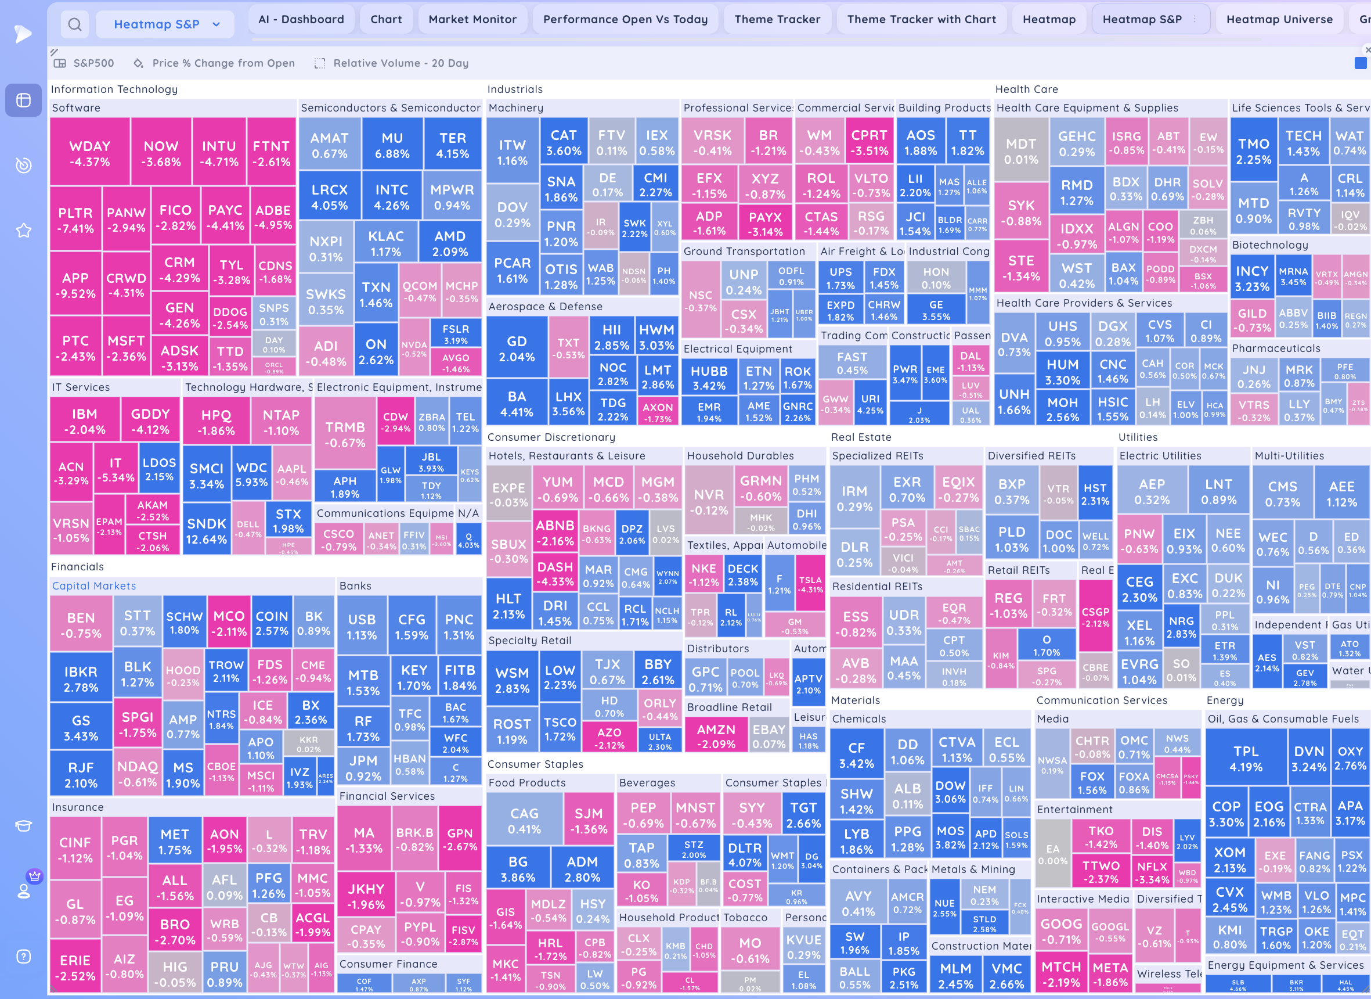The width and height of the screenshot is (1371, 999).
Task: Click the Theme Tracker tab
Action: pos(777,19)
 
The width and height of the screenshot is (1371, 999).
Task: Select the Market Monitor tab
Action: pos(472,19)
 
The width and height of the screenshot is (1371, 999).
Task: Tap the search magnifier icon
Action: pos(75,24)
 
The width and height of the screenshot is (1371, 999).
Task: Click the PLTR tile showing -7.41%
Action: pos(75,220)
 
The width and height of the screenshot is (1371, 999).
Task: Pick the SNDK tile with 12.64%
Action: pos(206,530)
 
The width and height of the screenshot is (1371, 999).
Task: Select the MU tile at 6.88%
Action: pos(392,145)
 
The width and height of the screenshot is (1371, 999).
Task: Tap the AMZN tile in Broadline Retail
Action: pos(716,736)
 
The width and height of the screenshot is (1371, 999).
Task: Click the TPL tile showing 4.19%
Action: pos(1245,759)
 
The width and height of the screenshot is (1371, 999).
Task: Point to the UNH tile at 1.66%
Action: pos(1014,401)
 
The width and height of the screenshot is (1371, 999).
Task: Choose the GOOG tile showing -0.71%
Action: pos(1061,930)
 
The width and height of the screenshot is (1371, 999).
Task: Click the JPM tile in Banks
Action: pos(363,767)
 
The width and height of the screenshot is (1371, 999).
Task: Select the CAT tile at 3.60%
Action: pos(564,143)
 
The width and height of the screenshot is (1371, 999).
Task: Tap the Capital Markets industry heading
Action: pos(93,585)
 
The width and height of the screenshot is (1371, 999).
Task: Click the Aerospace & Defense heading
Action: pos(544,307)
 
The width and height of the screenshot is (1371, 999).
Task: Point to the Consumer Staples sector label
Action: pos(535,764)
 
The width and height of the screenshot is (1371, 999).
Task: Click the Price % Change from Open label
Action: pos(223,63)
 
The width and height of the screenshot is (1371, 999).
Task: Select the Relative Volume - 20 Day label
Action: pos(400,63)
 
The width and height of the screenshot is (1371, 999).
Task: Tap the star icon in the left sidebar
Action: pos(24,231)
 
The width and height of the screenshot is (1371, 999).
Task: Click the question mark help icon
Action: pos(24,956)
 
